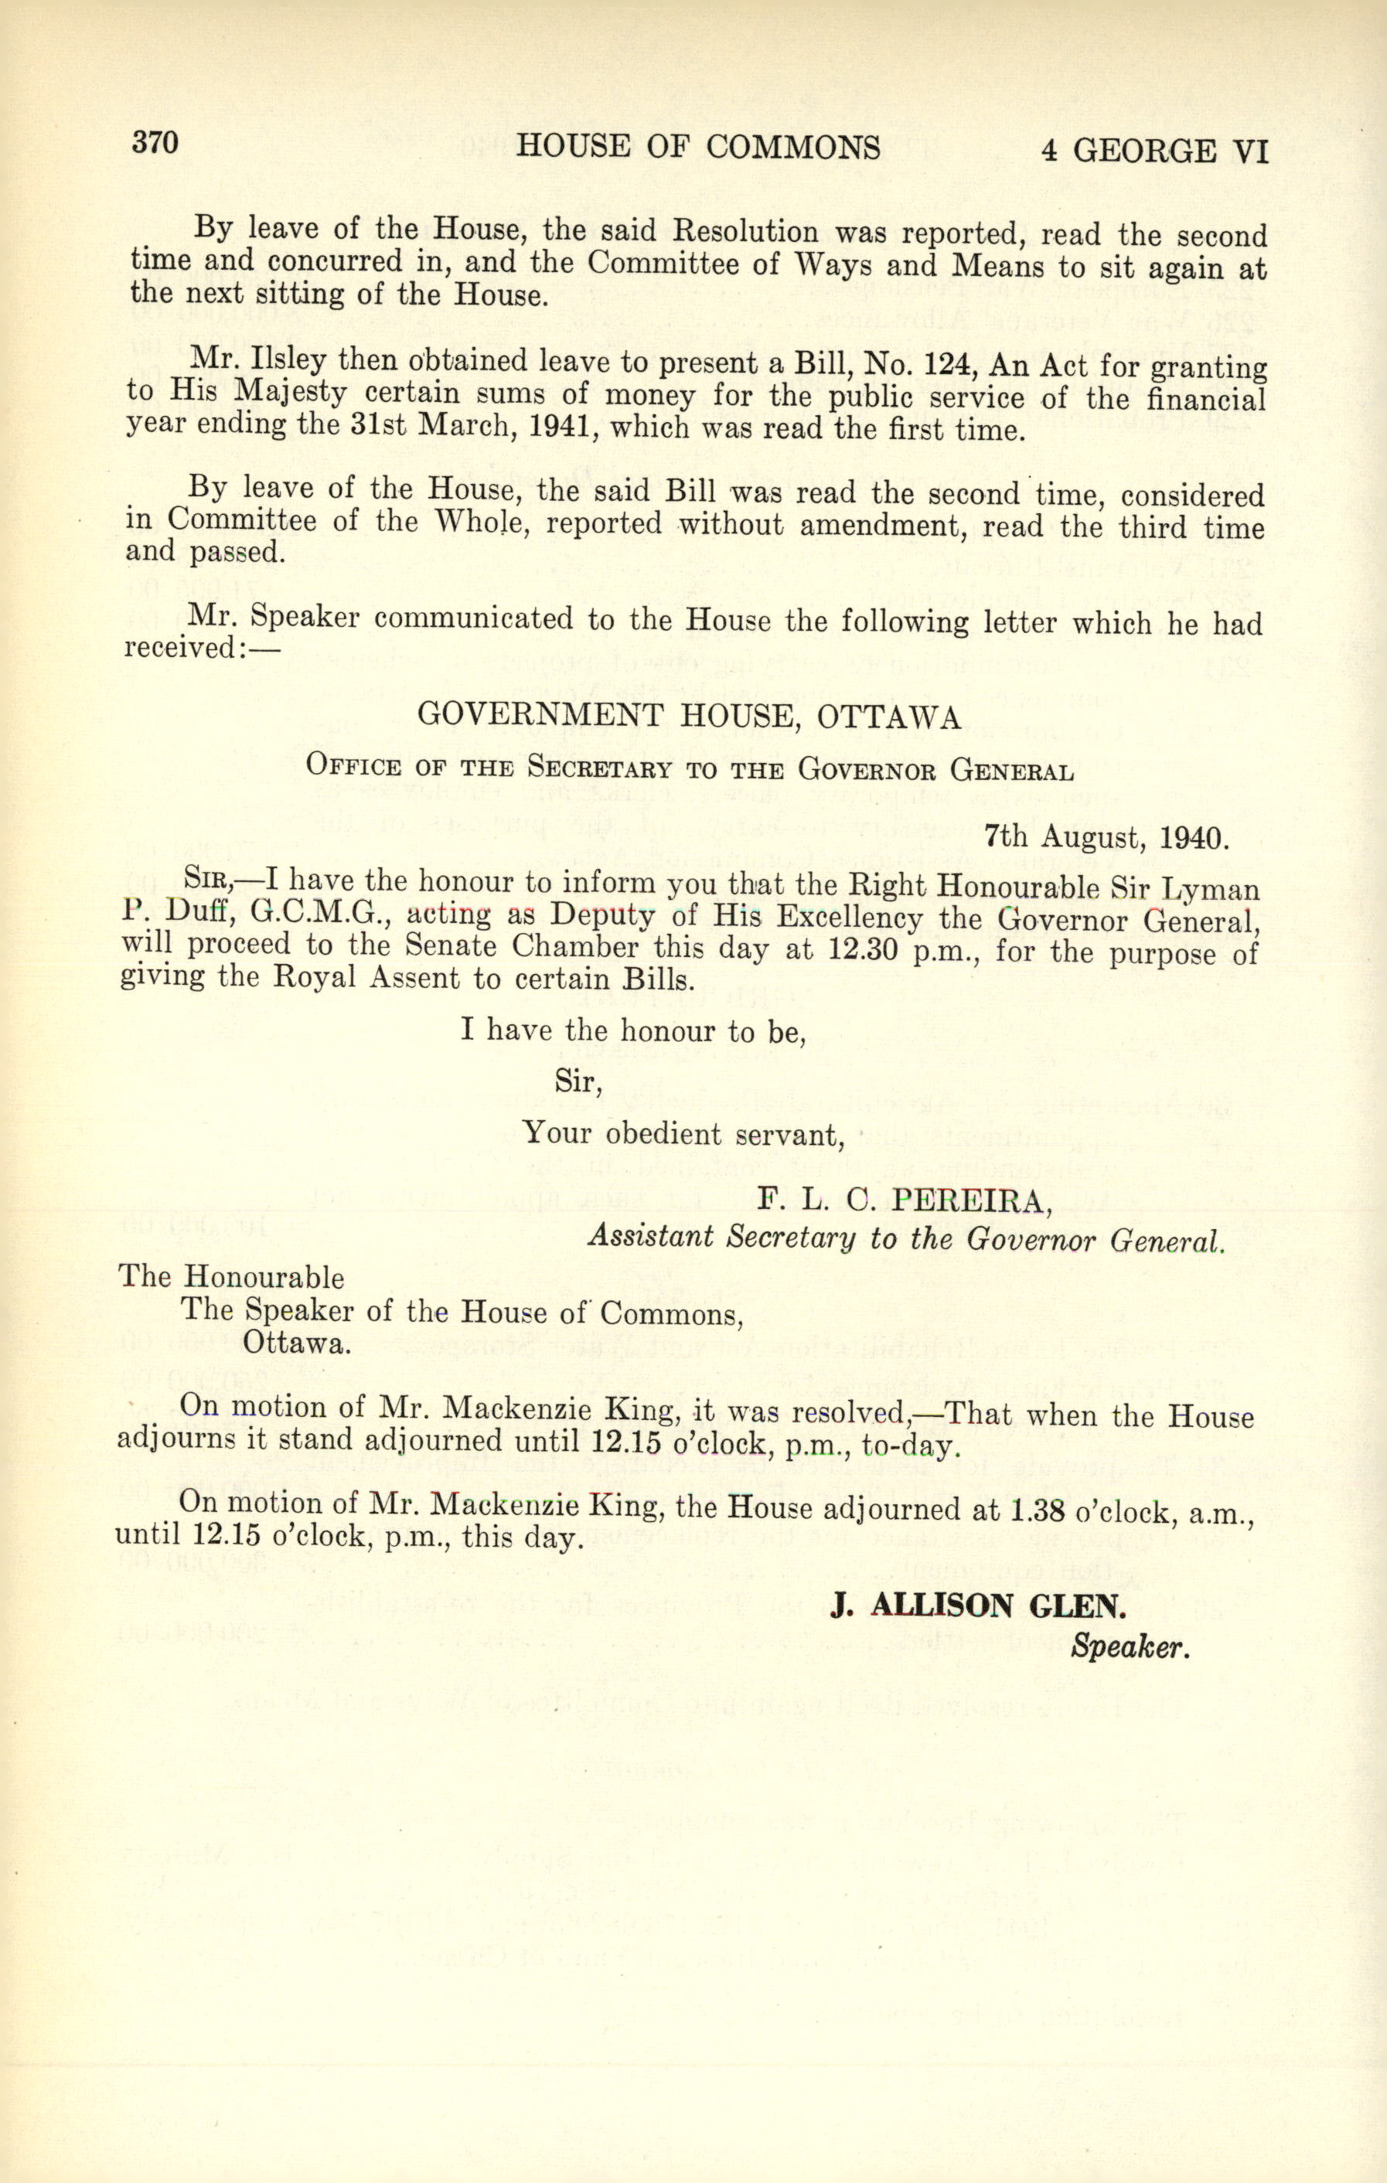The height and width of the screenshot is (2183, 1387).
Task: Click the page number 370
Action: tap(155, 143)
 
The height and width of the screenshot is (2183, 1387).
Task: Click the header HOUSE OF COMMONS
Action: tap(697, 147)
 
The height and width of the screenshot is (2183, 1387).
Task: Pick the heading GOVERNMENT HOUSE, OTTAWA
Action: tap(688, 716)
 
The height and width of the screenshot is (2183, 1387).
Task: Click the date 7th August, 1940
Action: tap(1106, 836)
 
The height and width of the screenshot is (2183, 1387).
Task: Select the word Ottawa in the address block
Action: tap(295, 1342)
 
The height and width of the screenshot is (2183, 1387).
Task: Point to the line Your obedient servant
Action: tap(683, 1133)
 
